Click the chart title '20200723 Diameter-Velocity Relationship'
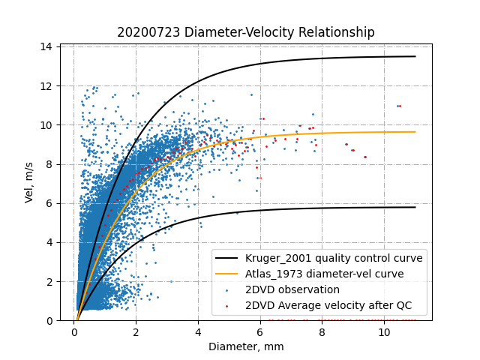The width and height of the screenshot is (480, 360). (246, 32)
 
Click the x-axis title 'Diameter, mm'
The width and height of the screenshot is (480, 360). (246, 346)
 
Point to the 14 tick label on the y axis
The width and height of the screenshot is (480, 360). (46, 46)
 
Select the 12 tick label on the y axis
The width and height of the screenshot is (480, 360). (46, 85)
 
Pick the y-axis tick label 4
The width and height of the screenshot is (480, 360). (49, 242)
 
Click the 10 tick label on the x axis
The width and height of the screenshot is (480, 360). (384, 331)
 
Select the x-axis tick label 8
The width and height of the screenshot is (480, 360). (322, 331)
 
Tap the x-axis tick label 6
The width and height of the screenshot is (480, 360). (260, 331)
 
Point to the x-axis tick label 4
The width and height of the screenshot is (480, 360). (198, 331)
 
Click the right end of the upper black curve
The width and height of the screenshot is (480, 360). (415, 56)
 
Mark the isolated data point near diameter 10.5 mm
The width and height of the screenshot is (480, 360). (399, 106)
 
